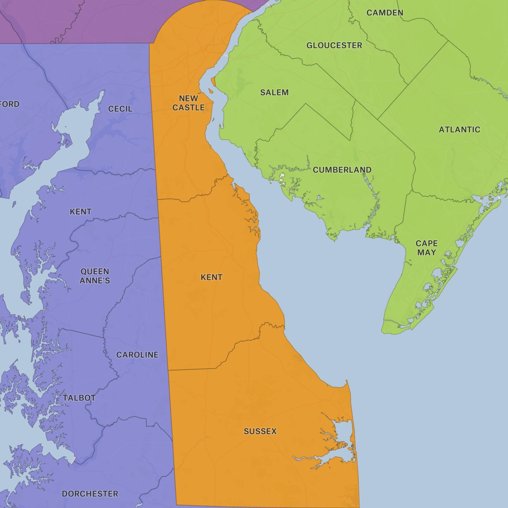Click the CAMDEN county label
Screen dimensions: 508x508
pos(385,13)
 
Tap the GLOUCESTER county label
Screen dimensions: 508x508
pos(334,45)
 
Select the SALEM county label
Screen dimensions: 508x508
pos(274,92)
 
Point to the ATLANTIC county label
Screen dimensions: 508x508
pos(459,130)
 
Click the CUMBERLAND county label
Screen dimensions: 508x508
pos(342,170)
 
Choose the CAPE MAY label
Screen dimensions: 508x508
pos(426,248)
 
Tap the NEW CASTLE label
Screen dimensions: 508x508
pos(188,103)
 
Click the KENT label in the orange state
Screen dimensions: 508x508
pos(211,277)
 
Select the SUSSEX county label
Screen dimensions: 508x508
pos(260,431)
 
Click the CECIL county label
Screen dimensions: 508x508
pos(120,109)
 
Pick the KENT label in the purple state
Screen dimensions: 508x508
pos(81,211)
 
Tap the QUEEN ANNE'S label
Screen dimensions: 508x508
pos(95,276)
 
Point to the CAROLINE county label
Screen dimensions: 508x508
pos(137,355)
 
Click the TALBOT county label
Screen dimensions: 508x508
pos(79,398)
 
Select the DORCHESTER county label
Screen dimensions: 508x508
pos(90,494)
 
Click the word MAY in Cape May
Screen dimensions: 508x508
pos(426,253)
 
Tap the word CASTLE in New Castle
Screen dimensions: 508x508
pos(188,108)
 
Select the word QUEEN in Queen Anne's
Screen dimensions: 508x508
pos(95,271)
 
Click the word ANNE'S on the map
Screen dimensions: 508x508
pos(95,281)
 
